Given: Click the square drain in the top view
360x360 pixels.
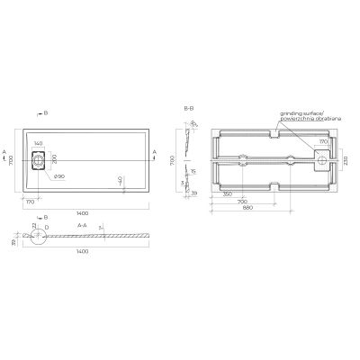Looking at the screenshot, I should click(39, 164).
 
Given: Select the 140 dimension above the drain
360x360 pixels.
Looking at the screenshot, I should click(39, 144).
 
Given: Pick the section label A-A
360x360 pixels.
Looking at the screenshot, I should click(82, 224).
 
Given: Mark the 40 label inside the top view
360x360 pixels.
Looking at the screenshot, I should click(121, 180).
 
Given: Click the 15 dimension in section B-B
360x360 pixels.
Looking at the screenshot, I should click(191, 170).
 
